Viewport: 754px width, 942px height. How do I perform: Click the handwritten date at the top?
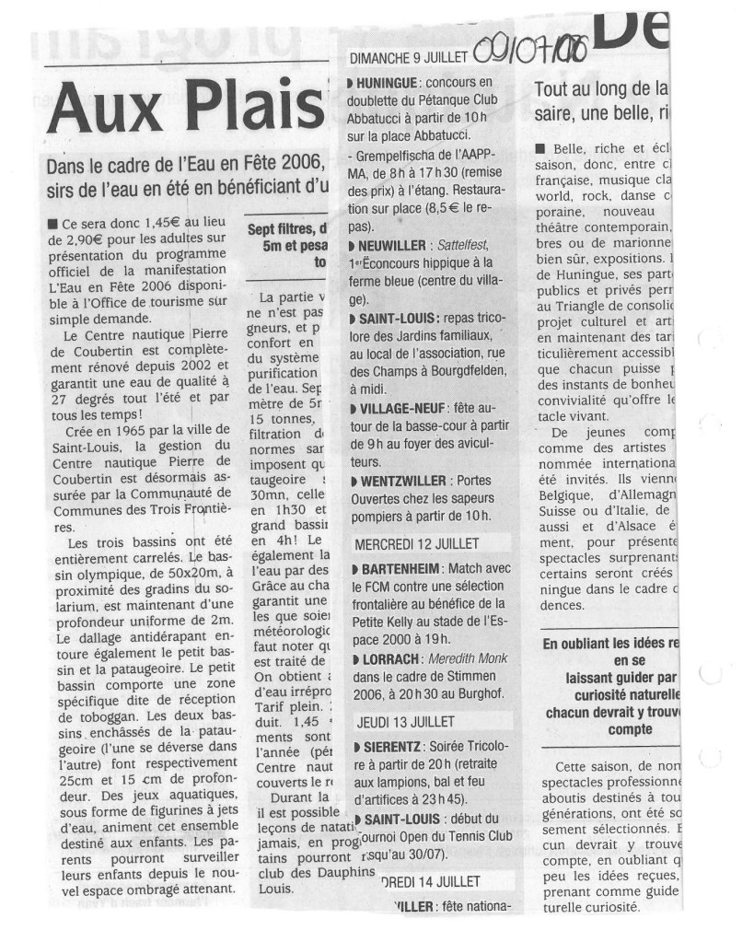tap(528, 46)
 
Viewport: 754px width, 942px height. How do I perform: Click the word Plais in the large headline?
tap(249, 109)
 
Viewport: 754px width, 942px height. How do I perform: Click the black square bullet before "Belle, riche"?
tap(539, 149)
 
